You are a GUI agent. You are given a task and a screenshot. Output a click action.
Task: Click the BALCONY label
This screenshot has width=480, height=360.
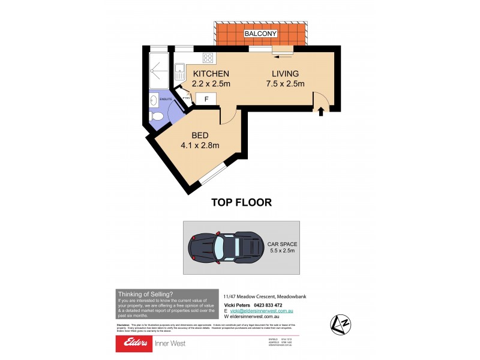[260, 34]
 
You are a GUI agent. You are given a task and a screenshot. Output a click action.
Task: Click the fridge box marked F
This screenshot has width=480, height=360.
[206, 99]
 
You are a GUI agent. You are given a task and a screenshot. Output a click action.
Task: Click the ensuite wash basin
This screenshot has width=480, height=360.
[154, 100]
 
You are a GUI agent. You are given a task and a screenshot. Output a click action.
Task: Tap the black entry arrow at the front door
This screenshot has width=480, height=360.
[320, 110]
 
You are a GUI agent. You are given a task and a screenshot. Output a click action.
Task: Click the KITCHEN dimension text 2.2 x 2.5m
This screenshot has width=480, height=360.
[212, 84]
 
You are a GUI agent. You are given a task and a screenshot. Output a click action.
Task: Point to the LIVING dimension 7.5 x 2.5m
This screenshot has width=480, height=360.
[282, 84]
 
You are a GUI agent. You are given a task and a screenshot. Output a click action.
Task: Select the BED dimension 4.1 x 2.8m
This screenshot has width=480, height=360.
[200, 145]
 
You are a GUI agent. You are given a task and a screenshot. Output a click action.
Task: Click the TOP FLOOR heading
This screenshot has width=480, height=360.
[241, 202]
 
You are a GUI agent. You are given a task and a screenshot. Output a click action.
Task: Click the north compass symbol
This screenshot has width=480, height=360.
[339, 325]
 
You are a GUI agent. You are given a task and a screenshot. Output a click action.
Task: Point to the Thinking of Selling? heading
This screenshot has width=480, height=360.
[145, 293]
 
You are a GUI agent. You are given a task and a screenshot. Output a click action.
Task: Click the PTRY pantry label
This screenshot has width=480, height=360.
[187, 98]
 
